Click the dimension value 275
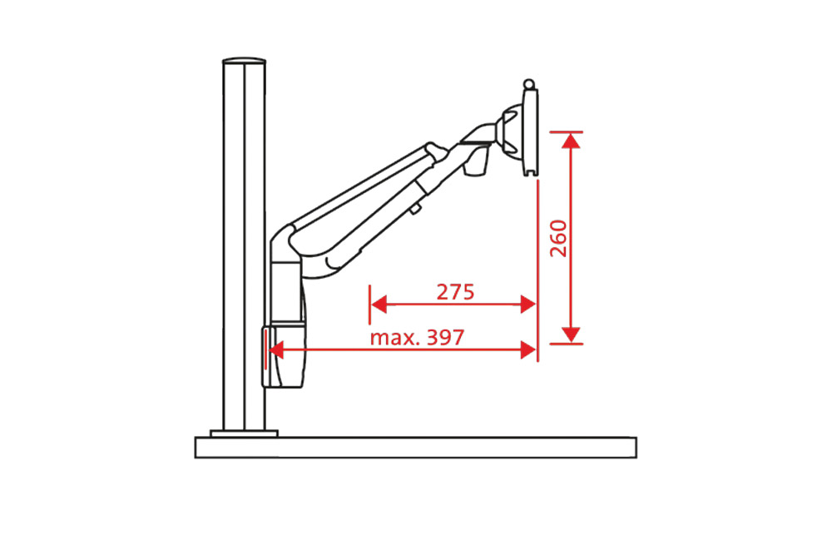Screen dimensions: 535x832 [x=455, y=292]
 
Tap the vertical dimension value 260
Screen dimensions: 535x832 [x=558, y=238]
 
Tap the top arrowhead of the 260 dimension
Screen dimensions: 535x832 [x=570, y=140]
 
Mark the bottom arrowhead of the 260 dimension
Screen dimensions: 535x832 [x=570, y=334]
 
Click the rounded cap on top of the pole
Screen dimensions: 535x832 [x=243, y=61]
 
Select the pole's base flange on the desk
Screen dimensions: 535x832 [x=243, y=433]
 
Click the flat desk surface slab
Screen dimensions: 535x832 [x=416, y=448]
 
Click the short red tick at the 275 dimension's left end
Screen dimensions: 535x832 [x=369, y=305]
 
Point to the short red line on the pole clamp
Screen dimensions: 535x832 [x=265, y=348]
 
